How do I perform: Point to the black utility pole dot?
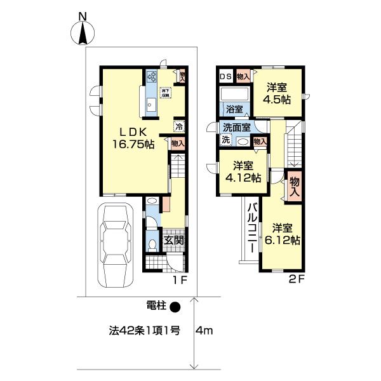[176, 307]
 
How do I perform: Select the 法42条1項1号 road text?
[145, 331]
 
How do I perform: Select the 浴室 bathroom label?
[233, 109]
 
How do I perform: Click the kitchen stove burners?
[152, 77]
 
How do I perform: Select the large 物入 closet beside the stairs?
[294, 187]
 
